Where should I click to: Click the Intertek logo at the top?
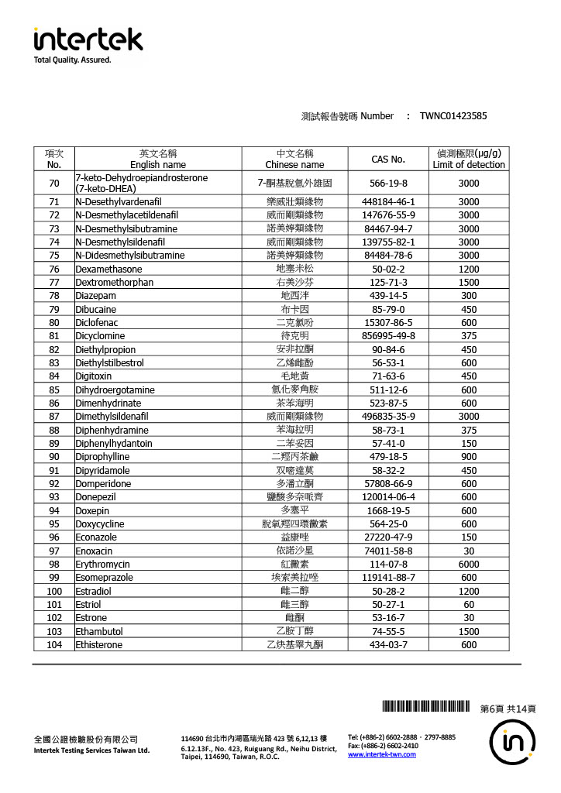click(x=88, y=39)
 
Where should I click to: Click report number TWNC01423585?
click(x=453, y=116)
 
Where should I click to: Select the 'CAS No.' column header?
click(x=388, y=159)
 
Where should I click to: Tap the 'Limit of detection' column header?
click(x=469, y=164)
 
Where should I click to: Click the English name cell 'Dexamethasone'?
click(x=108, y=269)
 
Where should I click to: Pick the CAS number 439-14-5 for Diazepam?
click(x=388, y=296)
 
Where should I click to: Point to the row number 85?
click(x=54, y=390)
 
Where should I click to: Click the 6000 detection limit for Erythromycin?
click(x=469, y=565)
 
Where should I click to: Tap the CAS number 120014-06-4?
click(x=388, y=497)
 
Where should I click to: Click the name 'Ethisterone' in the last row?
click(x=98, y=645)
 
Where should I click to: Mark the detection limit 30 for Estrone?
click(x=469, y=618)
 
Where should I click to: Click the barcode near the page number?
click(x=425, y=706)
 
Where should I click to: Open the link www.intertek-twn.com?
click(x=382, y=755)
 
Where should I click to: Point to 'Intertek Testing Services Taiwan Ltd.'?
click(x=91, y=750)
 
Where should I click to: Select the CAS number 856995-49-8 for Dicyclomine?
click(x=388, y=336)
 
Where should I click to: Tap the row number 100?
click(x=54, y=592)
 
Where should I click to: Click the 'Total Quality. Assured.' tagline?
click(x=72, y=60)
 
